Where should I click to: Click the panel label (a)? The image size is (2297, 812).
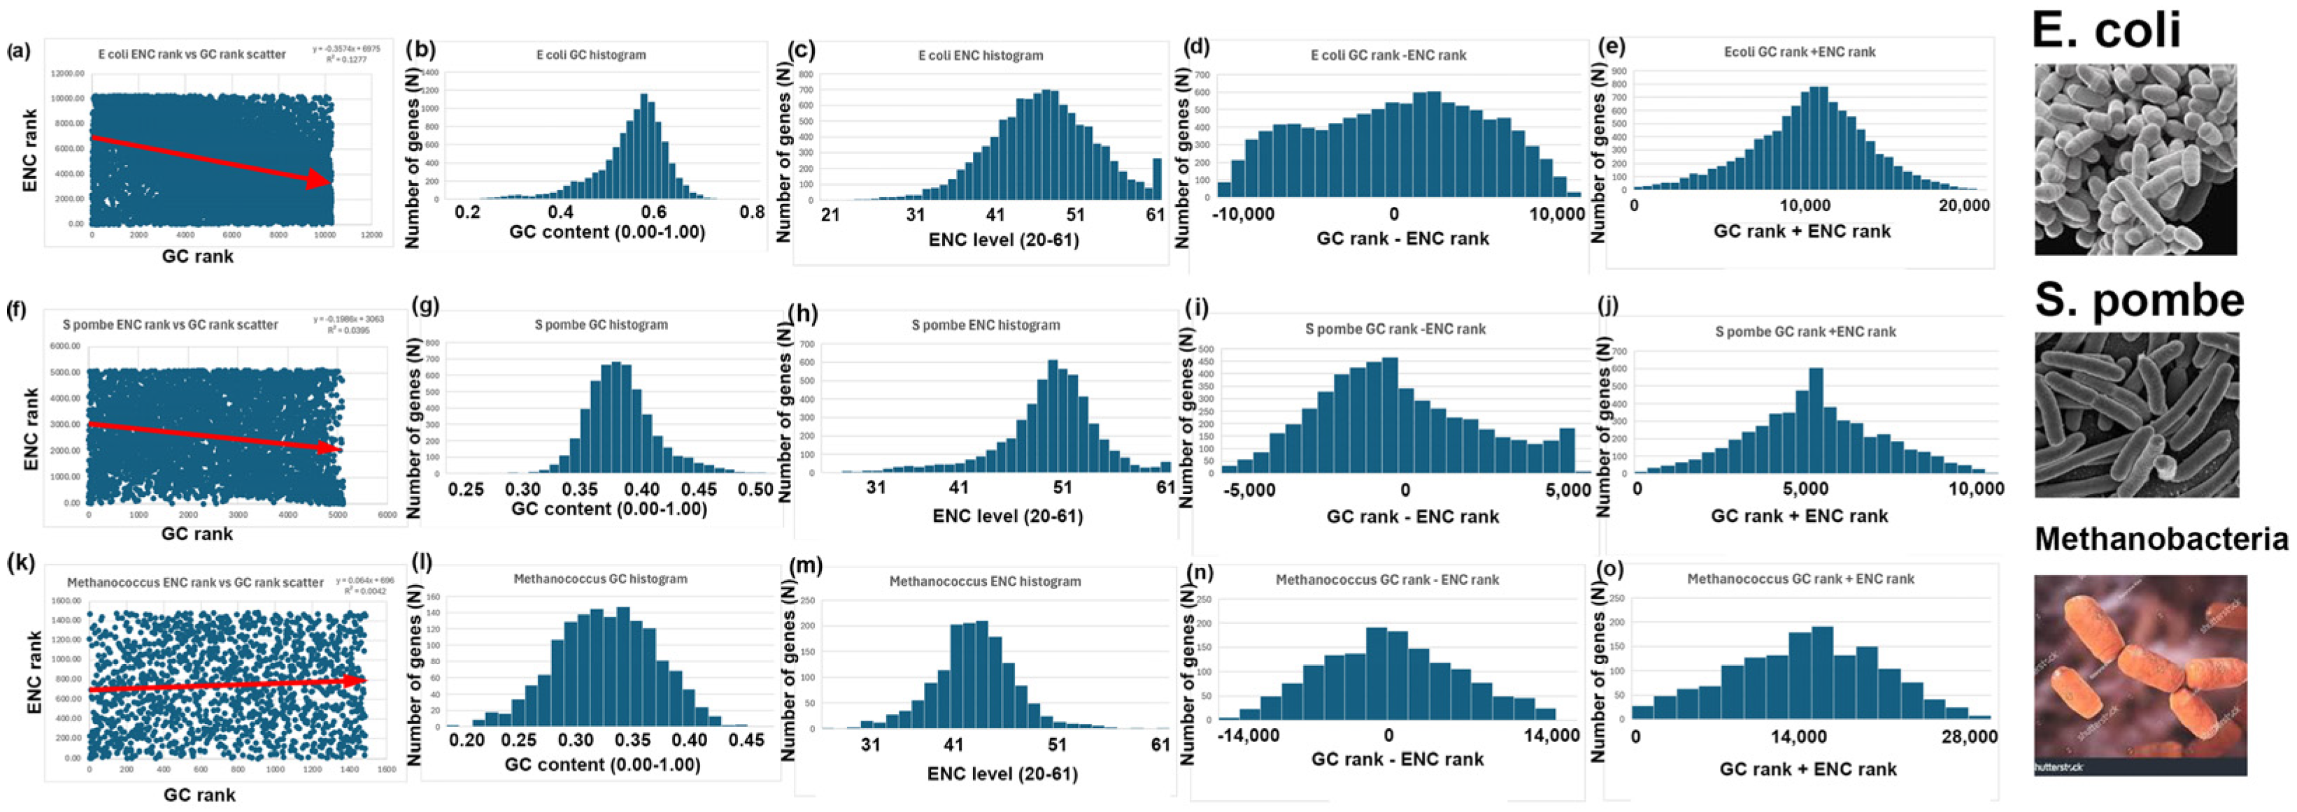[x=17, y=51]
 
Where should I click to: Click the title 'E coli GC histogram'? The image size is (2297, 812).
[x=590, y=55]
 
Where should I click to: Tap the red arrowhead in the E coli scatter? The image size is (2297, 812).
[x=321, y=180]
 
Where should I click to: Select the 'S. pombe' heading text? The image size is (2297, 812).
[x=2139, y=300]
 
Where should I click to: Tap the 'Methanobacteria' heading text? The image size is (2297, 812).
[x=2161, y=539]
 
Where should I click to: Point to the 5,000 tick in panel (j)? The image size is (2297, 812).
[x=1806, y=488]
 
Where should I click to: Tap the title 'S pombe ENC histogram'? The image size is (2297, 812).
[x=986, y=326]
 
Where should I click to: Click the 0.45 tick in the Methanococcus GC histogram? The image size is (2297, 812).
[x=746, y=740]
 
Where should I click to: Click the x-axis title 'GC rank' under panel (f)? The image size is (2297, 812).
[x=197, y=534]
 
